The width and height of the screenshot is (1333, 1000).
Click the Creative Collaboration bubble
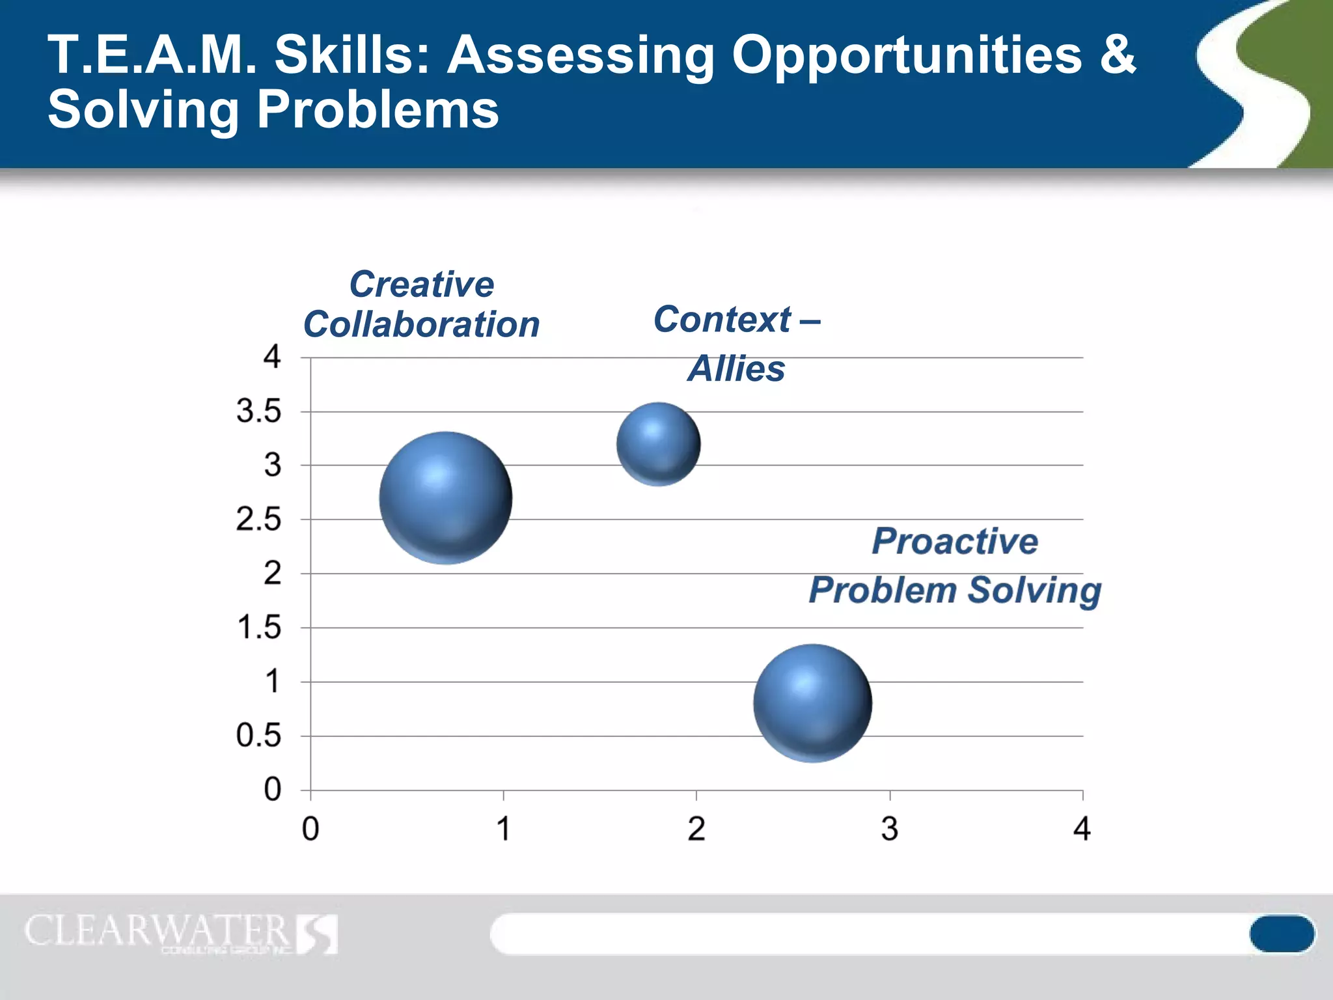(446, 498)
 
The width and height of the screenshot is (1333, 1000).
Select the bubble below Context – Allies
(659, 444)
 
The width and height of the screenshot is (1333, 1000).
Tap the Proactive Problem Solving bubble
(812, 703)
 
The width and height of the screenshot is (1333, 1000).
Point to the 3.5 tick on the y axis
(258, 411)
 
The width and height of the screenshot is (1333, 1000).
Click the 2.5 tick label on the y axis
(258, 520)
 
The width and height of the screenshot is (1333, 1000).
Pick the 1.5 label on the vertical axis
(258, 628)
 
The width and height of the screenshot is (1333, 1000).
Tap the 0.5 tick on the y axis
(258, 736)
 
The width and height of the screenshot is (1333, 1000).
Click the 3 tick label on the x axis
(889, 829)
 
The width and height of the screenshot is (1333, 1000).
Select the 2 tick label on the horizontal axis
(696, 829)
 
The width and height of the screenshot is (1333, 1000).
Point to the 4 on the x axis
(1082, 829)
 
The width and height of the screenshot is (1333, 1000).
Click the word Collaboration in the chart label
(422, 324)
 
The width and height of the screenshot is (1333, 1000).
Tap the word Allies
(736, 368)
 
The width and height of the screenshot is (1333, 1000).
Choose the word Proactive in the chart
(955, 541)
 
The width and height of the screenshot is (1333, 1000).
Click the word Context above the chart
(722, 319)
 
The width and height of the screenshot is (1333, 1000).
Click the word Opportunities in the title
(906, 56)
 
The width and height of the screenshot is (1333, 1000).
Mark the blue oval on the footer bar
(1282, 934)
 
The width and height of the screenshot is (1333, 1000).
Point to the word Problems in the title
(378, 109)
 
